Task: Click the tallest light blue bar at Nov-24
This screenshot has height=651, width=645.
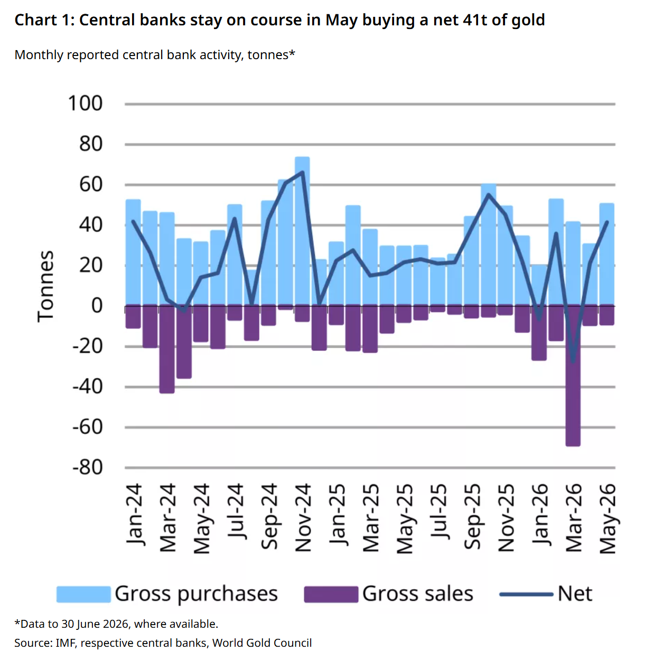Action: pyautogui.click(x=302, y=231)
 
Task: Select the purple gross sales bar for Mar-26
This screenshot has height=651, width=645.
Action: pyautogui.click(x=573, y=375)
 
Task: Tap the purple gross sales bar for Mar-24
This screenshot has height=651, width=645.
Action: pyautogui.click(x=167, y=348)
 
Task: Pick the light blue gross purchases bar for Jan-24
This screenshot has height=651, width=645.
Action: pyautogui.click(x=133, y=252)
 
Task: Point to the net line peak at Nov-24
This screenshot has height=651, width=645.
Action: pyautogui.click(x=303, y=172)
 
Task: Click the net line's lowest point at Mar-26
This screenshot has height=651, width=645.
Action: pyautogui.click(x=573, y=362)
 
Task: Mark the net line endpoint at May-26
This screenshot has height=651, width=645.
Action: pyautogui.click(x=607, y=222)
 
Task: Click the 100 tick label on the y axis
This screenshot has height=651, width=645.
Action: pyautogui.click(x=85, y=103)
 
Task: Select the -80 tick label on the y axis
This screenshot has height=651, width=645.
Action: pyautogui.click(x=88, y=467)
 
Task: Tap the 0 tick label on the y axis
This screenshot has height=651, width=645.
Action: pyautogui.click(x=97, y=306)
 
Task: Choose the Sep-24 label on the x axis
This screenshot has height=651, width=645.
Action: pyautogui.click(x=269, y=516)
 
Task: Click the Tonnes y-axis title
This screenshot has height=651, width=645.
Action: pyautogui.click(x=45, y=286)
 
